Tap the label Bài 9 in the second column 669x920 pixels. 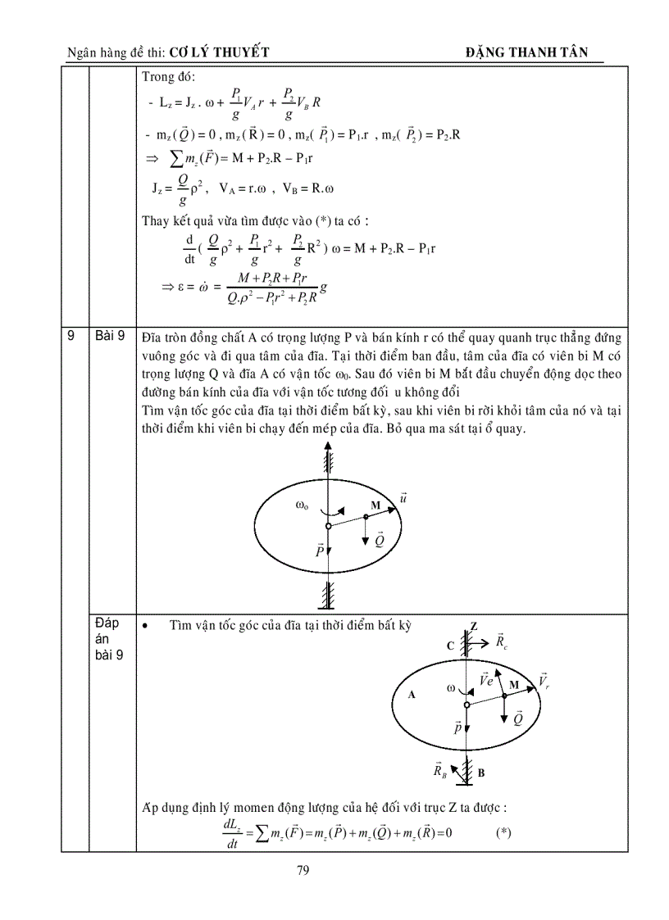click(x=108, y=336)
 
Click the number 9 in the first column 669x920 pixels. click(x=71, y=336)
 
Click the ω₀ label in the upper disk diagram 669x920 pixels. click(x=302, y=505)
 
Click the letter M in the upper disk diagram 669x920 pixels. click(x=375, y=505)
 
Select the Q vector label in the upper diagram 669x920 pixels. click(x=379, y=539)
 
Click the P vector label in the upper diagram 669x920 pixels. click(x=321, y=551)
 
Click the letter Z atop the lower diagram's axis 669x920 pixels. click(x=473, y=627)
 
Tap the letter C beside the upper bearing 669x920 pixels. click(x=450, y=646)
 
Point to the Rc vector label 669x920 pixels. click(x=502, y=641)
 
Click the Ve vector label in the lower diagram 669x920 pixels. click(x=485, y=680)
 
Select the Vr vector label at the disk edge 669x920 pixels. click(x=543, y=681)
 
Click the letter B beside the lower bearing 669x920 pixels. click(x=481, y=772)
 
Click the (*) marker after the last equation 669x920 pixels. click(x=503, y=832)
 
